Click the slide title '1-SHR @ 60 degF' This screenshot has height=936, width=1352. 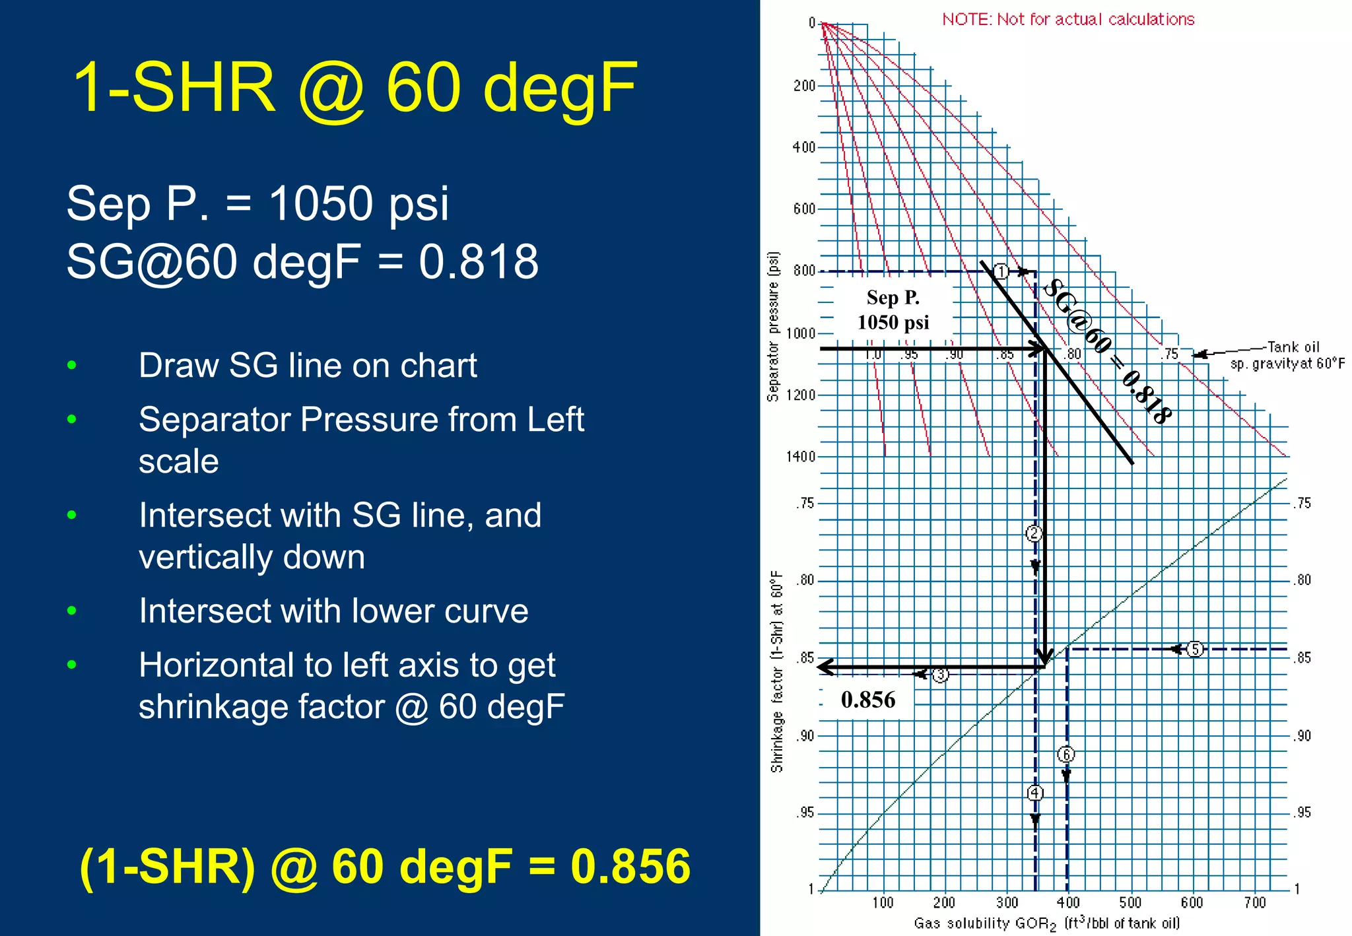click(x=355, y=88)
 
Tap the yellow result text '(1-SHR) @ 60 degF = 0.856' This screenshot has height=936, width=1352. click(x=385, y=865)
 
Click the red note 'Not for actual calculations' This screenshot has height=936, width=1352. click(x=1068, y=19)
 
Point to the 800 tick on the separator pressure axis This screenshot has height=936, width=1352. click(x=804, y=271)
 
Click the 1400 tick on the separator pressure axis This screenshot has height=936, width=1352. click(x=800, y=456)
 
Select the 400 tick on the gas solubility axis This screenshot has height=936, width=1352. click(x=1068, y=902)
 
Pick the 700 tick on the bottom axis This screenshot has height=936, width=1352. click(x=1254, y=902)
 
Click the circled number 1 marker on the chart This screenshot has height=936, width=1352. click(x=1001, y=271)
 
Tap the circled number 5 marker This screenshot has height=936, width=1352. click(x=1194, y=650)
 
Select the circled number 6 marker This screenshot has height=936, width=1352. click(x=1065, y=754)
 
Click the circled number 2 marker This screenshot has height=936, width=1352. click(x=1034, y=533)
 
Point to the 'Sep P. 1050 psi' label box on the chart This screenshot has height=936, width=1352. click(x=893, y=310)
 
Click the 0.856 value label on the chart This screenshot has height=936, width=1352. click(x=868, y=700)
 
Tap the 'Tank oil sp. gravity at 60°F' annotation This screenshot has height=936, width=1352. click(x=1287, y=355)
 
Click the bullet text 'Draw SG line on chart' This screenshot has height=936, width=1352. click(x=308, y=366)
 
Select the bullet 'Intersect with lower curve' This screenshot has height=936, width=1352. click(x=333, y=611)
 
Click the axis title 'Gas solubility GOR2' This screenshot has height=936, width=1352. click(x=1046, y=923)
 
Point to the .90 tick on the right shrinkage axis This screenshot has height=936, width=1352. click(x=1302, y=735)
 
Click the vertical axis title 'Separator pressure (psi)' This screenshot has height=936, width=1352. click(x=774, y=326)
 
